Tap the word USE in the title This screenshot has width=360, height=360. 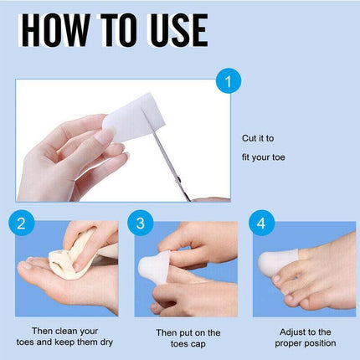pyautogui.click(x=179, y=29)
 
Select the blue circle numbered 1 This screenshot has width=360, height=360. pyautogui.click(x=229, y=81)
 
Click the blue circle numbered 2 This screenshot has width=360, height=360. pyautogui.click(x=22, y=223)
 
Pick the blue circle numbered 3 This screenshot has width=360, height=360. pyautogui.click(x=141, y=223)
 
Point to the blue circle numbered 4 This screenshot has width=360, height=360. pyautogui.click(x=261, y=223)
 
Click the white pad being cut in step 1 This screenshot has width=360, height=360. pyautogui.click(x=134, y=117)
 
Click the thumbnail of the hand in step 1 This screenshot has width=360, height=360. pyautogui.click(x=103, y=136)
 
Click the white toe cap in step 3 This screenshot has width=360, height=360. pyautogui.click(x=155, y=266)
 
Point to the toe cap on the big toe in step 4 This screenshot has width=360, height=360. pyautogui.click(x=278, y=262)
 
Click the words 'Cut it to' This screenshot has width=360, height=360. pyautogui.click(x=258, y=138)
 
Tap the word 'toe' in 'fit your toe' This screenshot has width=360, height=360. pyautogui.click(x=278, y=157)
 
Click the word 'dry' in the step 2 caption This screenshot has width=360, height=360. pyautogui.click(x=106, y=342)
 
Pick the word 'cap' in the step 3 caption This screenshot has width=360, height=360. pyautogui.click(x=198, y=344)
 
